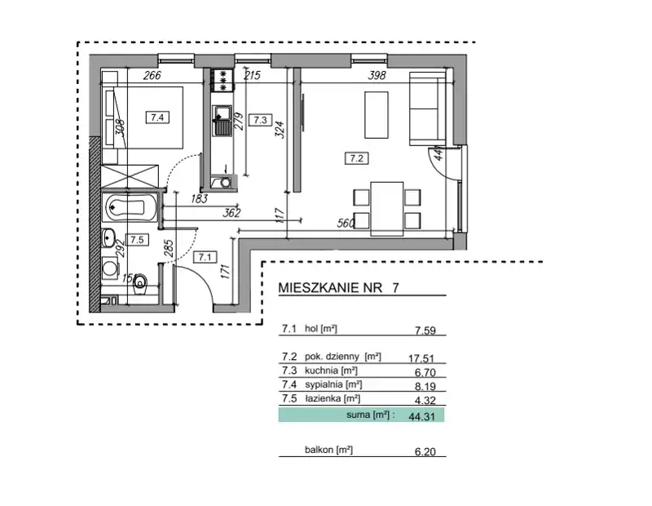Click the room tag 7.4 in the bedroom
pos(157,118)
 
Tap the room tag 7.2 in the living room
pos(357,158)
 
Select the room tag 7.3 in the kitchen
pos(260,120)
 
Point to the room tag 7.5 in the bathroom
pos(137,240)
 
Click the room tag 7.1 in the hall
pos(205,257)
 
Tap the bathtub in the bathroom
pos(130,207)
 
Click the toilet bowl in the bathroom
pos(141,284)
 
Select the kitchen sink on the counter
pos(222,121)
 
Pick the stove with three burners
pos(222,80)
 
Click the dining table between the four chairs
pos(387,209)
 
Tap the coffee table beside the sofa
pos(377,115)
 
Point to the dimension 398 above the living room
pos(377,75)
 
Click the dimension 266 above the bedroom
pos(152,75)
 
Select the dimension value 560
pos(346,224)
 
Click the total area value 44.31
pos(421,416)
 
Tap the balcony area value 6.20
pos(425,451)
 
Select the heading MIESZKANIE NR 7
pos(338,288)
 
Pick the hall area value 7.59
pos(425,331)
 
